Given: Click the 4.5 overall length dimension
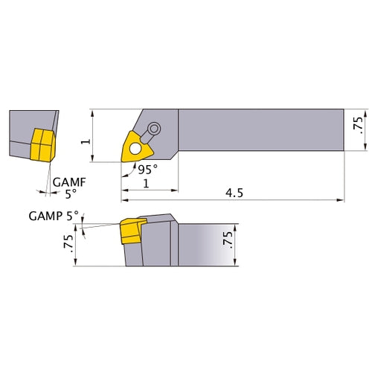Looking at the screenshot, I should click(235, 192).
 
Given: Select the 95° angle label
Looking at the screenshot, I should click(147, 170).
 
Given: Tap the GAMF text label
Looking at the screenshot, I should click(68, 181).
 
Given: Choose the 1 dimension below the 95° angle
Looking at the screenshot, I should click(149, 184).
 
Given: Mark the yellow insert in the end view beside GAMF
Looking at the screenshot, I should click(42, 143).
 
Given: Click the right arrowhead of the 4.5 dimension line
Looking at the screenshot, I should click(343, 199).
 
